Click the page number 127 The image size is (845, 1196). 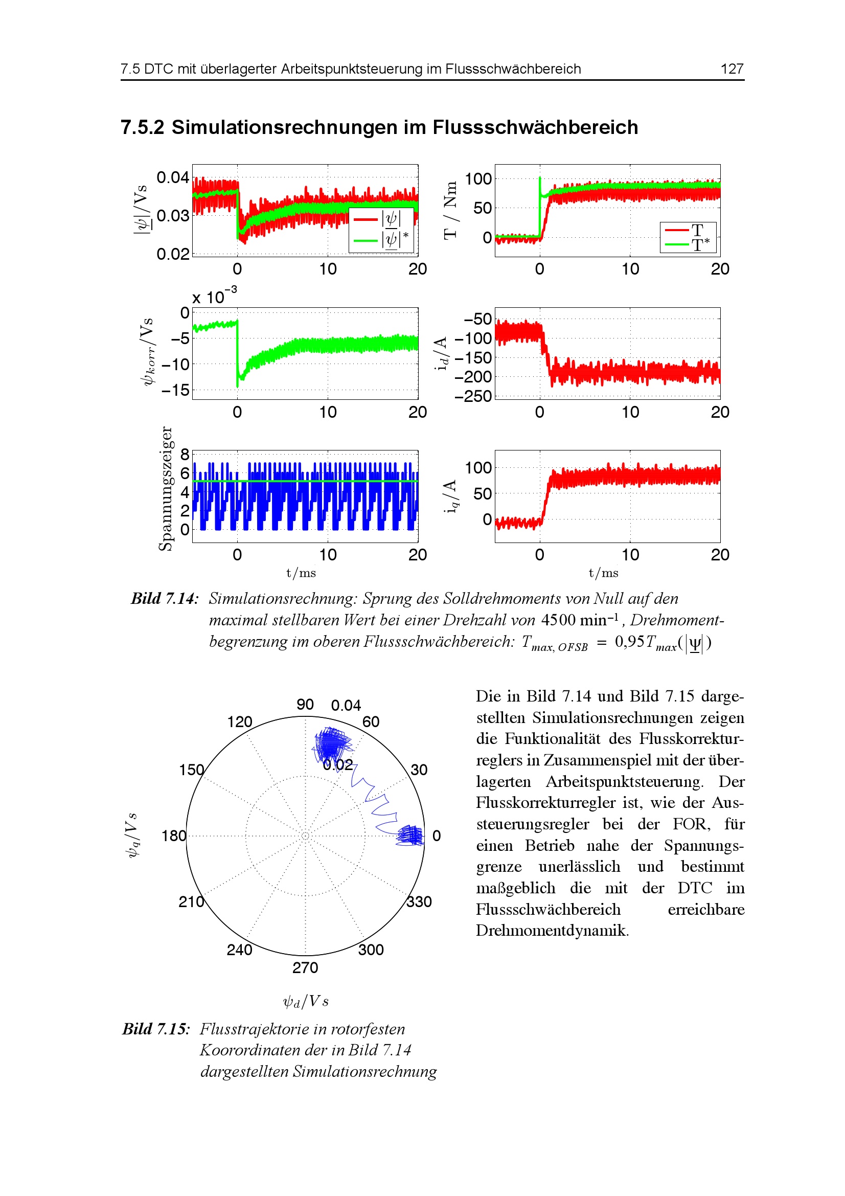732,69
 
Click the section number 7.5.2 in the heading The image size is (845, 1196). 142,127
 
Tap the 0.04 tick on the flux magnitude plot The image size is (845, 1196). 172,177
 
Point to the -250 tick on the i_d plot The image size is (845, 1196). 473,396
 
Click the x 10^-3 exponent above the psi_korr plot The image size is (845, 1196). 214,296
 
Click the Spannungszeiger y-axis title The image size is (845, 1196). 165,489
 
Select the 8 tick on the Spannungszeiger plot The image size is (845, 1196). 185,455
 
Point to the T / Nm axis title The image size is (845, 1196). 450,211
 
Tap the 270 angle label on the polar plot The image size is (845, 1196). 305,967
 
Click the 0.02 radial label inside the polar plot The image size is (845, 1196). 338,764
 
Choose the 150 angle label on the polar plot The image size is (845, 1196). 192,770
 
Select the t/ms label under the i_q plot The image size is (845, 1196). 603,573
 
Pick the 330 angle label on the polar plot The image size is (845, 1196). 419,901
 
